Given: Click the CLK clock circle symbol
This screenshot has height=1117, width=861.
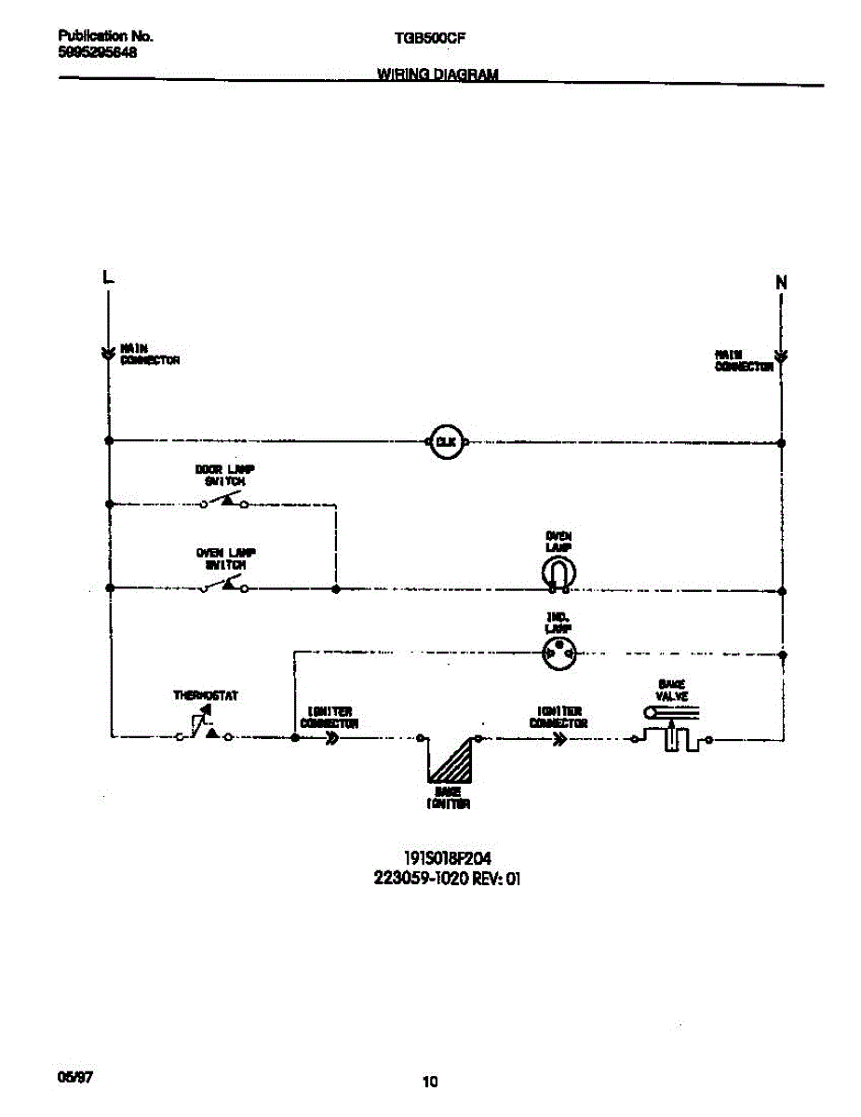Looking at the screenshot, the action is click(446, 442).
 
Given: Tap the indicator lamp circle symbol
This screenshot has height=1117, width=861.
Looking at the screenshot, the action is click(558, 654).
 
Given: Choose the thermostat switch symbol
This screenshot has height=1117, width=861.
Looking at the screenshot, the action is click(206, 728).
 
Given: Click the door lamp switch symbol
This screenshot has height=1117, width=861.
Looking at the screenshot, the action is click(224, 502).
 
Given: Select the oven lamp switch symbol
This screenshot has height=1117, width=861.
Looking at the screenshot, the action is click(224, 585).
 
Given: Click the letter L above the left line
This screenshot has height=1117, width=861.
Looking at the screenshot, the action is click(108, 276).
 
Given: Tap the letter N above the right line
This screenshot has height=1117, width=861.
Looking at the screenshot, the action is click(781, 282).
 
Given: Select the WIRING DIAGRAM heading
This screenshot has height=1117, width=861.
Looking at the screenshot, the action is click(437, 74).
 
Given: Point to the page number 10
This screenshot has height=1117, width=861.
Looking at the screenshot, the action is click(429, 1082).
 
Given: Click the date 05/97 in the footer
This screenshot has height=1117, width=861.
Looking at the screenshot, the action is click(75, 1077).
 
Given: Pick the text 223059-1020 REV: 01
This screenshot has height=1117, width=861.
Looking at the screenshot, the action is click(446, 878).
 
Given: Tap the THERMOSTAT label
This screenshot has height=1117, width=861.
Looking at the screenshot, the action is click(206, 695).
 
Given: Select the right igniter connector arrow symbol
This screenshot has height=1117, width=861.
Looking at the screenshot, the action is click(559, 739).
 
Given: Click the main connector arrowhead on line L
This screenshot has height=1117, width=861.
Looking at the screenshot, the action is click(109, 353).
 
